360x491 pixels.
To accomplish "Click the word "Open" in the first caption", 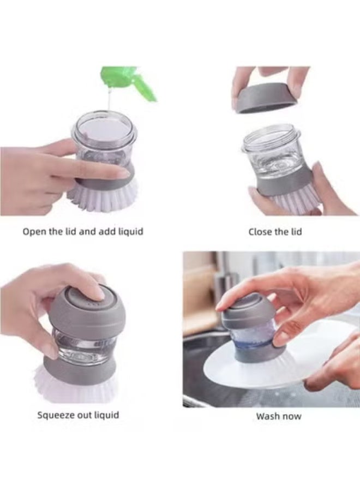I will pos(33,231).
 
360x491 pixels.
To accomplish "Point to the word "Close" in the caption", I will pos(260,232).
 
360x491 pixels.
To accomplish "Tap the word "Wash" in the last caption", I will pos(267,416).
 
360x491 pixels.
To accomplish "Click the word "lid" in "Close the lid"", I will pos(295,232).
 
